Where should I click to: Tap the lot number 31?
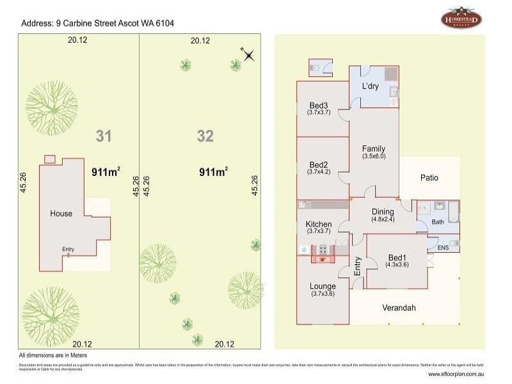coord(104,136)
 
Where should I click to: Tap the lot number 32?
coord(205,136)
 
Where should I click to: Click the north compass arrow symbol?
coord(248,55)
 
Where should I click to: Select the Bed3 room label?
coord(319,106)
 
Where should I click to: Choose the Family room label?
coord(374,148)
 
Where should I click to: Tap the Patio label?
coord(429,177)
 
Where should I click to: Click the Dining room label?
coord(383,211)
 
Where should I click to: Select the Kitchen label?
coord(319,224)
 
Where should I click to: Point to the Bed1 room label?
coord(398,258)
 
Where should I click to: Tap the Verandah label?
coord(399,308)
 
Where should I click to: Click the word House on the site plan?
coord(61,214)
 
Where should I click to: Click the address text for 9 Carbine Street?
coord(98,23)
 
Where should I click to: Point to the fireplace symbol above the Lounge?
coord(323,257)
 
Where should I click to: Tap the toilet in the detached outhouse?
coord(315,67)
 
